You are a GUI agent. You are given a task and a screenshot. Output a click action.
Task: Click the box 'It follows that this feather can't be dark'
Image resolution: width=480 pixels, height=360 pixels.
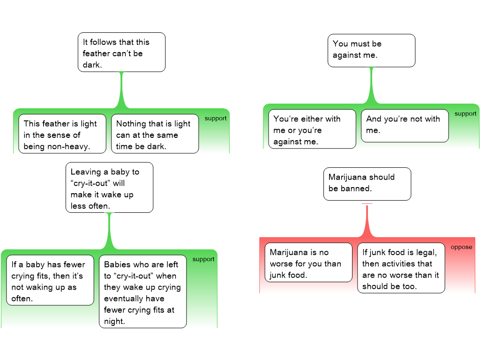[x=121, y=52]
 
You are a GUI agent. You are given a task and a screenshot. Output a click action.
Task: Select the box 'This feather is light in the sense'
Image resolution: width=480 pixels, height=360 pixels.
[x=62, y=134]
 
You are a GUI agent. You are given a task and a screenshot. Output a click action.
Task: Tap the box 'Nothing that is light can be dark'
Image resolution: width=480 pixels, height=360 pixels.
[x=155, y=134]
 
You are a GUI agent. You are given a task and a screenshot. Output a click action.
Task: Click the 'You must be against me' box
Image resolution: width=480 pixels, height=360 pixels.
[x=371, y=51]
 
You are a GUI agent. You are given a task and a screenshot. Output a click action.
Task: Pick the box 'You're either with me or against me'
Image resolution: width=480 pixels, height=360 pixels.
[x=312, y=129]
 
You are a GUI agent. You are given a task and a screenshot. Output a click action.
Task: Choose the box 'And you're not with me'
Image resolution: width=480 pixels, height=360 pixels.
[x=405, y=126]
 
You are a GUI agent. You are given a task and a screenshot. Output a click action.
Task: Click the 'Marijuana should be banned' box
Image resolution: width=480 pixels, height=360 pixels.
[x=367, y=184]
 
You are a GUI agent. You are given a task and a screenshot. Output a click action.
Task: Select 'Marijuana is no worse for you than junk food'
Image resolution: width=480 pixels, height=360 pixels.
[x=308, y=262]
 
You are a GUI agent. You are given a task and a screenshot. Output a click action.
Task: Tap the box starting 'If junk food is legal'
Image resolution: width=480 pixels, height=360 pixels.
[x=401, y=268]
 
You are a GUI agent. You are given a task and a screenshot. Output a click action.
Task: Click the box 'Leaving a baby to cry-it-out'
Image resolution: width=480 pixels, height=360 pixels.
[x=109, y=187]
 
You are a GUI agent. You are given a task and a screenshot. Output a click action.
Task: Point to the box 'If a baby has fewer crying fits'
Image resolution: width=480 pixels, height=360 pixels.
[x=50, y=280]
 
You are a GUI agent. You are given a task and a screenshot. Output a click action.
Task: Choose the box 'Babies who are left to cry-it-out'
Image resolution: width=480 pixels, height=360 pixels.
[x=142, y=292]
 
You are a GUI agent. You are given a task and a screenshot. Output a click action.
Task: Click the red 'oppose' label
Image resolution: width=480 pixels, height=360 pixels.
[x=461, y=247]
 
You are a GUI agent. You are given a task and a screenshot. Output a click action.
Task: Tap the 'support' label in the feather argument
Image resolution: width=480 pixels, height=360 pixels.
[x=216, y=119]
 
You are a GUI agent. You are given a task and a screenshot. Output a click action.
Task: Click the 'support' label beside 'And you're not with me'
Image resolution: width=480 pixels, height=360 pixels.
[x=465, y=114]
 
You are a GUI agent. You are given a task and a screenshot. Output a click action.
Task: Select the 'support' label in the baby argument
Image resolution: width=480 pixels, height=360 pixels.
[x=203, y=259]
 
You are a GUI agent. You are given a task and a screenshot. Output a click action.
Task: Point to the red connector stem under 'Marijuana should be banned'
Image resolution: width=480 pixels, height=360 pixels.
[x=367, y=220]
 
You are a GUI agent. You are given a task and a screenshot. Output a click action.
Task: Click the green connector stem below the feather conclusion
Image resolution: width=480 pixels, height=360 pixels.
[x=122, y=90]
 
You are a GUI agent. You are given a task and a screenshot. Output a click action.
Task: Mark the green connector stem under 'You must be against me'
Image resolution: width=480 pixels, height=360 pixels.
[x=371, y=86]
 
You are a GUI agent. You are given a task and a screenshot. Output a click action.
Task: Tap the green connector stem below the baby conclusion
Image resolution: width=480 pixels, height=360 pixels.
[x=109, y=231]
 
